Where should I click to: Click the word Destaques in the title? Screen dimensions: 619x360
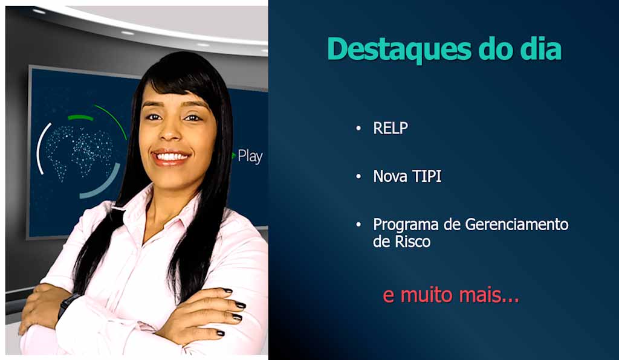click(399, 50)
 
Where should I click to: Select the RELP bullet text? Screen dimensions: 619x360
click(391, 128)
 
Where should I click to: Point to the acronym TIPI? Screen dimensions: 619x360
click(427, 176)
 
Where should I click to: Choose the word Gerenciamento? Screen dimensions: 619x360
click(517, 224)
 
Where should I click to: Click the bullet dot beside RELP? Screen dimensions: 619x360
click(358, 128)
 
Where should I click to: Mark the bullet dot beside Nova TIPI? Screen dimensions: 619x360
click(358, 176)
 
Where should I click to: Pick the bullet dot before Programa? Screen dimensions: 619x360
click(358, 225)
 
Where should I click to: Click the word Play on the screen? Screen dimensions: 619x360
click(250, 156)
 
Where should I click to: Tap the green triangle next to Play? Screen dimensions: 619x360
click(234, 156)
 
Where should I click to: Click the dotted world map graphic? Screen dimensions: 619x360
click(79, 152)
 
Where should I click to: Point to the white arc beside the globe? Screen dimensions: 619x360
click(40, 148)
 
